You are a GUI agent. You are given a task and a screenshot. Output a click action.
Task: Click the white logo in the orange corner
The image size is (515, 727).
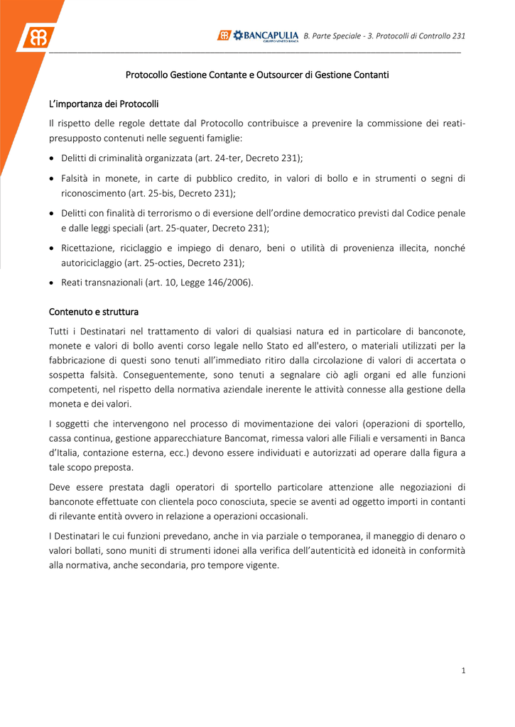pos(36,35)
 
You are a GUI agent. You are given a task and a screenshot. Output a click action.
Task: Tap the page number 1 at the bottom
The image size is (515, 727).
pos(463,671)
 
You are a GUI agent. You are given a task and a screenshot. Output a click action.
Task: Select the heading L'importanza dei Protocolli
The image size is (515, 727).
pos(104,104)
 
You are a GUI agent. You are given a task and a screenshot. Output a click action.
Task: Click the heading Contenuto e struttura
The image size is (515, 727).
pos(94,312)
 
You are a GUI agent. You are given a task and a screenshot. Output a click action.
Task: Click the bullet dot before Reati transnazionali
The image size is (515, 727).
pos(52,283)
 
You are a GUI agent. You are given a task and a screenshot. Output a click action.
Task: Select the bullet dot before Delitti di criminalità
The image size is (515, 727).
pos(52,158)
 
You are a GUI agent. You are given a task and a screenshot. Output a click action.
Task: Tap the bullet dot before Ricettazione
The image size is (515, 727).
pos(52,248)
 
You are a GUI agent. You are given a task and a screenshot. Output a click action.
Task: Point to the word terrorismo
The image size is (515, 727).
pos(163,213)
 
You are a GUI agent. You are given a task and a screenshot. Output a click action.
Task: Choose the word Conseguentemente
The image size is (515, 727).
pos(164,375)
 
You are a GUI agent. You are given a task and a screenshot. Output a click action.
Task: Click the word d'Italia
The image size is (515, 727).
pos(65,453)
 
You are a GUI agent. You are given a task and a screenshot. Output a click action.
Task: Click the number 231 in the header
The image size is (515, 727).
pos(459,35)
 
